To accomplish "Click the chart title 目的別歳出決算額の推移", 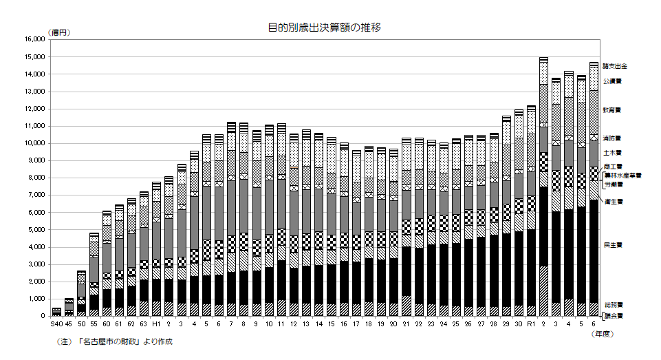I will (x=325, y=28).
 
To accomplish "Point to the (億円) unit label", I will (x=59, y=32).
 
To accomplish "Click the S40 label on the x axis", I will (x=56, y=324).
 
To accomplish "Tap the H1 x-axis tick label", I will (x=156, y=324).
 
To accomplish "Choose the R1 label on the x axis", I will (x=530, y=324).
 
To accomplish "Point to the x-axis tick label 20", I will (x=393, y=324).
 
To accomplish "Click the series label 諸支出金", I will (x=615, y=66).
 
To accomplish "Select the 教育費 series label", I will (x=612, y=109).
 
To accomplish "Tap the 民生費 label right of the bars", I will (x=612, y=244).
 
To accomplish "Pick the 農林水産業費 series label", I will (x=622, y=176).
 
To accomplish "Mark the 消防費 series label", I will (x=612, y=138).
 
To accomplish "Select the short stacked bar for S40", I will (x=56, y=312).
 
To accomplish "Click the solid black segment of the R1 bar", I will (x=530, y=268).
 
